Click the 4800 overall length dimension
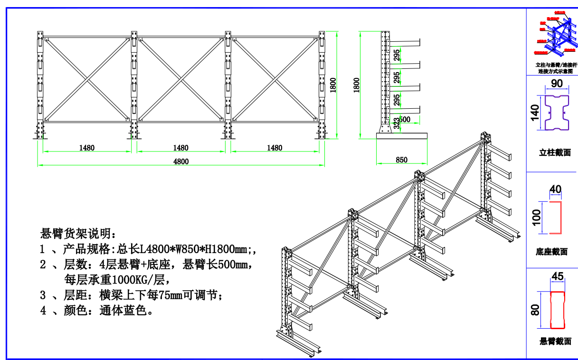point(181,161)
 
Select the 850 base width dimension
point(401,160)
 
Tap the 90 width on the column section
point(557,84)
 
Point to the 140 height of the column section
point(535,113)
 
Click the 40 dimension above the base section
point(555,189)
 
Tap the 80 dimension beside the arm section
point(535,310)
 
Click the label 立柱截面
point(555,153)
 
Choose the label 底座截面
point(551,252)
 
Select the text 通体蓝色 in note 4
point(126,311)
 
